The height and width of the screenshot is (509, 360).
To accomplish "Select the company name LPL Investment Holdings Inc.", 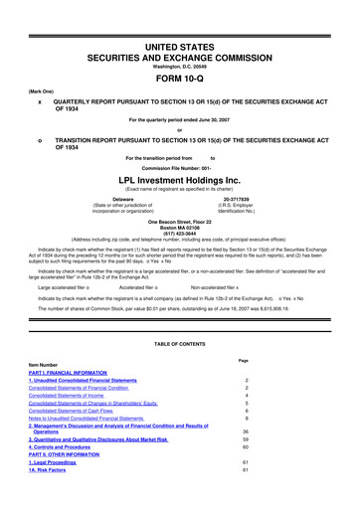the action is pyautogui.click(x=179, y=169).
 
